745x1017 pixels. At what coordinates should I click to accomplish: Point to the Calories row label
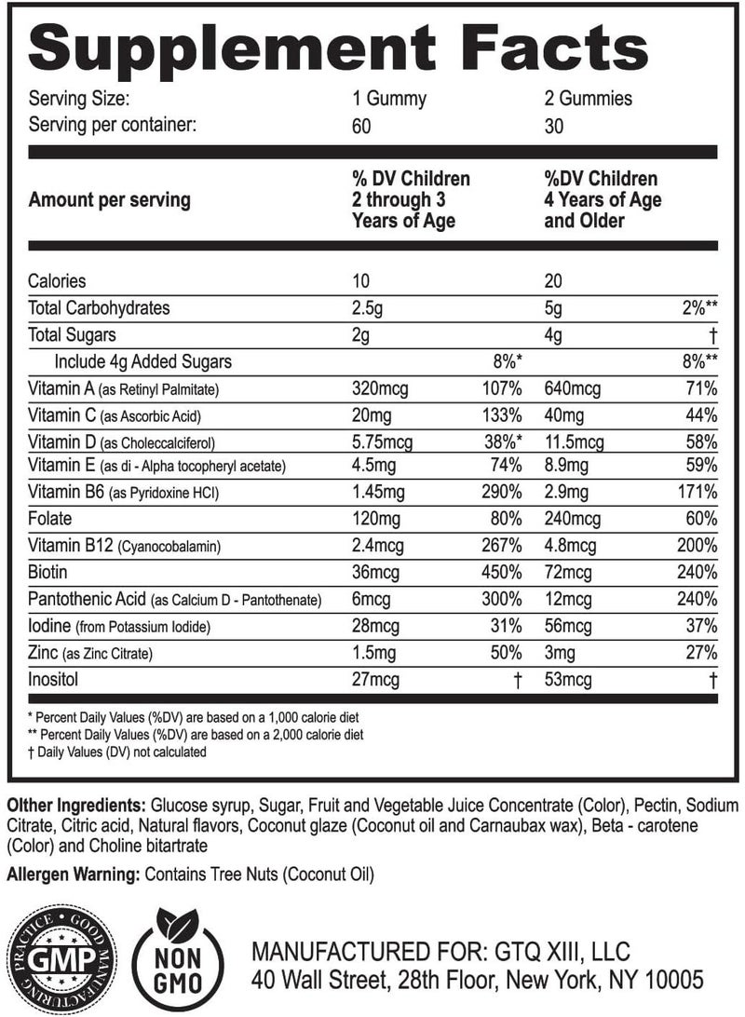[58, 280]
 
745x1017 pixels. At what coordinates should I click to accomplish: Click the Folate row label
[50, 516]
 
